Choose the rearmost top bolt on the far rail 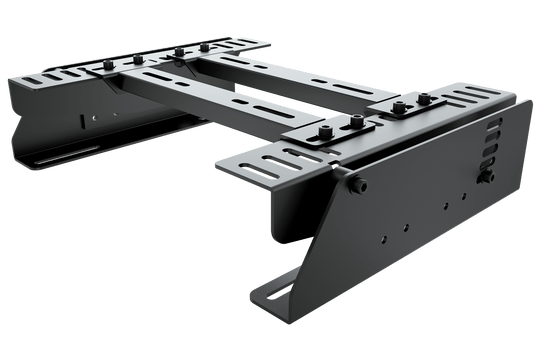coord(206,46)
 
